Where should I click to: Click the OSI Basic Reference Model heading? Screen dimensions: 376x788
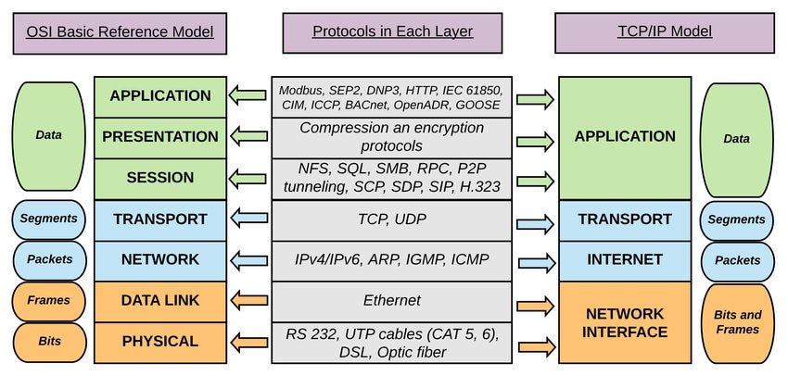click(x=121, y=31)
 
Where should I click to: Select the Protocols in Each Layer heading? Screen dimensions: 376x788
click(x=392, y=31)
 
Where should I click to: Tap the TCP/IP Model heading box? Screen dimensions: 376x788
click(x=665, y=31)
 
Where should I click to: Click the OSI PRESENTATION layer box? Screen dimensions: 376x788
click(x=160, y=136)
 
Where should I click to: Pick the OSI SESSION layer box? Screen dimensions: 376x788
click(x=160, y=178)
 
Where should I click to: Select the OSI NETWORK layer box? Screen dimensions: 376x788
click(x=160, y=259)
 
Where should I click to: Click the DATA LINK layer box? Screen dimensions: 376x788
click(x=160, y=300)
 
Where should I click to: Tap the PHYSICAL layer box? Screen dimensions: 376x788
click(x=160, y=342)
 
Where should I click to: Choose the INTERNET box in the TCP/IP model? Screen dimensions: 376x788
click(x=624, y=259)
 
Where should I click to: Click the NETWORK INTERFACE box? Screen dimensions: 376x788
click(x=624, y=321)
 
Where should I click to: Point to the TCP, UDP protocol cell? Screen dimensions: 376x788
click(x=392, y=219)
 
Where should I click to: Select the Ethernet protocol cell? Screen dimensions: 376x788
click(x=392, y=300)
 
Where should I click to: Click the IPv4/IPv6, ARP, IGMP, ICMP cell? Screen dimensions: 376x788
click(x=392, y=259)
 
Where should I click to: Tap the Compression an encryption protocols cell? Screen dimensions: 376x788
click(x=392, y=137)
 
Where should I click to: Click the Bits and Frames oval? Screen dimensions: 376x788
click(x=737, y=321)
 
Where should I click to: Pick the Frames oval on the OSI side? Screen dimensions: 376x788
click(x=48, y=301)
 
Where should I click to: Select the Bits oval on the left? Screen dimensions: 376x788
click(x=48, y=342)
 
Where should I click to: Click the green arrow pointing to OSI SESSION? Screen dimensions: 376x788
click(x=248, y=178)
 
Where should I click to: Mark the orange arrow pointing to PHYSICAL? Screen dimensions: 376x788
click(x=248, y=342)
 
